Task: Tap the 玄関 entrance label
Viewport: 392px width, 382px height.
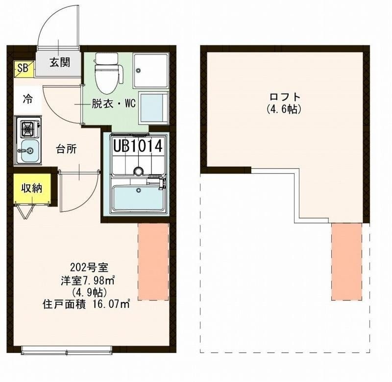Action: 59,62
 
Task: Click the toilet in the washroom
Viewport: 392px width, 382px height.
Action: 106,74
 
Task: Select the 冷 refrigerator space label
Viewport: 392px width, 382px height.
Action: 28,99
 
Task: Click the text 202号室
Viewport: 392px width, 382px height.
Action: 89,268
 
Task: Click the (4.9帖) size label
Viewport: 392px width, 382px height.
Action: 88,292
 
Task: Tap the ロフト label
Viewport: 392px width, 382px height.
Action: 284,97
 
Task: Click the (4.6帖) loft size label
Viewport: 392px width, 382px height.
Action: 284,109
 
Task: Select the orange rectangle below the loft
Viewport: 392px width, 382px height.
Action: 346,261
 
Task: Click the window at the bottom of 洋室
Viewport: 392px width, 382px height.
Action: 67,350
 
